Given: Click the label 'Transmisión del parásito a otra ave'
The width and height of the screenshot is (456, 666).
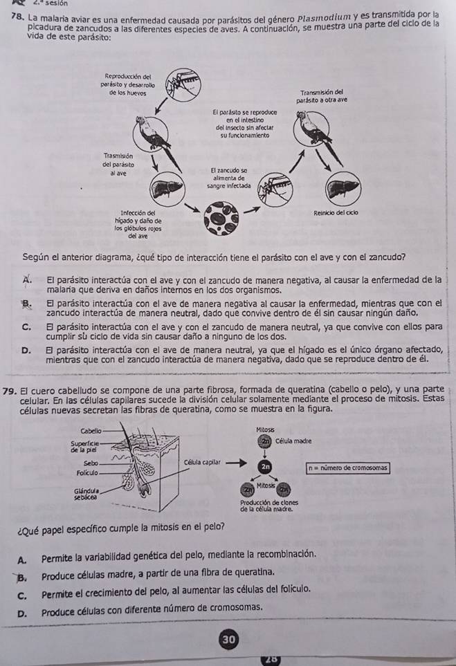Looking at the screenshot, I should tap(319, 95).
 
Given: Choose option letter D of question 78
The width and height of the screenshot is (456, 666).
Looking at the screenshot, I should tap(26, 354).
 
